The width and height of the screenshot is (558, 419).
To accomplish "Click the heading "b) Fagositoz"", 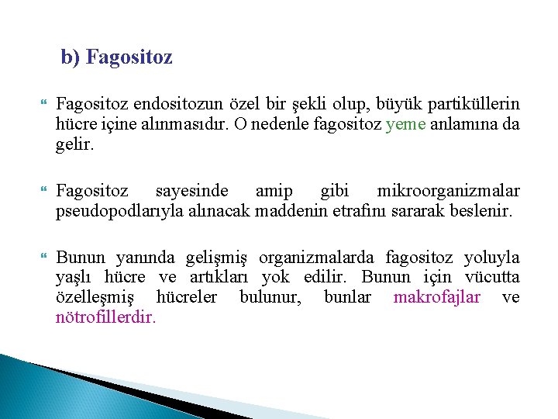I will click(x=116, y=57).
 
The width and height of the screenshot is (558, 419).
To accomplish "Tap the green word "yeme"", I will click(x=405, y=124).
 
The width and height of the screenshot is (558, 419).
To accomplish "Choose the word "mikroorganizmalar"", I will click(x=448, y=191).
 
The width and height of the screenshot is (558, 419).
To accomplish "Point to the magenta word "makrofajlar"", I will click(x=437, y=297).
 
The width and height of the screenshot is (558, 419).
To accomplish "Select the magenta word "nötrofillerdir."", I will click(x=105, y=317).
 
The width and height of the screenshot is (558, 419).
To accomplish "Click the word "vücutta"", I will click(x=492, y=278).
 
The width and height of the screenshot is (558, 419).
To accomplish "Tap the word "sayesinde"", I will click(x=192, y=191).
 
